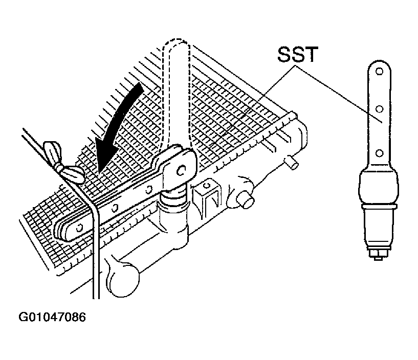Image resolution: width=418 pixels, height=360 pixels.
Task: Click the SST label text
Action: [298, 55]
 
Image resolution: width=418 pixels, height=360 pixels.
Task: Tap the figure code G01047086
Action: [52, 317]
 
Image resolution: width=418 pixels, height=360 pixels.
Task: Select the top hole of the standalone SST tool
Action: [380, 71]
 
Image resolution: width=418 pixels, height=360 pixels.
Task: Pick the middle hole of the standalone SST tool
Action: [379, 109]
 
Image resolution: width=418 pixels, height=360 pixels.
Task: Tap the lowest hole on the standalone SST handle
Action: [379, 153]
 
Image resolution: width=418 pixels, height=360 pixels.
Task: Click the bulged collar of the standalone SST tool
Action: [379, 187]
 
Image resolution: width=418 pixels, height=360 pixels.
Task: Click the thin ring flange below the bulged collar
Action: [379, 206]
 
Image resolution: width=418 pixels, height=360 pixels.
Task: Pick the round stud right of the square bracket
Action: [245, 200]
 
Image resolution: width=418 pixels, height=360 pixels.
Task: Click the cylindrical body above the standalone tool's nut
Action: [379, 228]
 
